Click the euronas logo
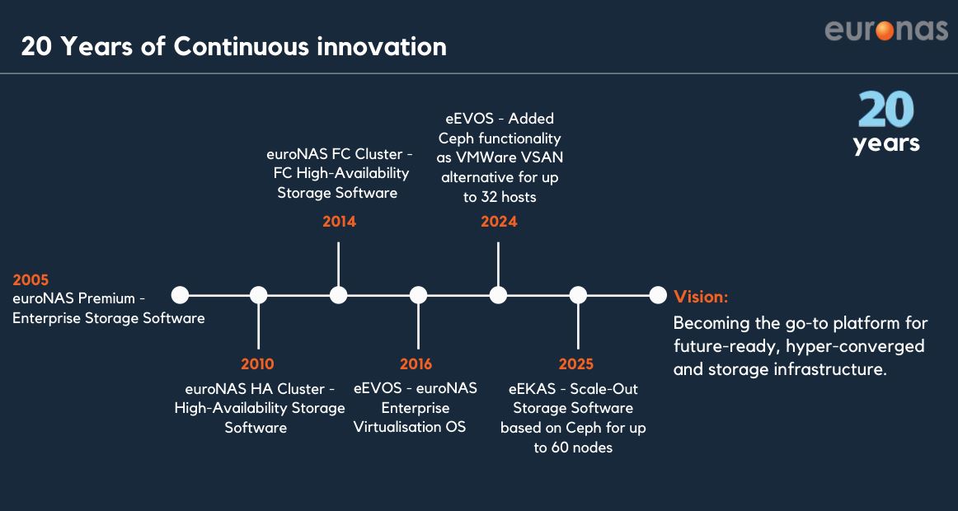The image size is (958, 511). (886, 30)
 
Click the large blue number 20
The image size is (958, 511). (885, 110)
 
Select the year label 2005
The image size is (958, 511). (31, 280)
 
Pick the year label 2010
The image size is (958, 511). (257, 364)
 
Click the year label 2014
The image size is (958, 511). (339, 222)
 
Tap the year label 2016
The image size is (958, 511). (416, 364)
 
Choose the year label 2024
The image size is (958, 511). (499, 222)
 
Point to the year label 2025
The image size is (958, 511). (576, 364)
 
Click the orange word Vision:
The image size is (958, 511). (701, 298)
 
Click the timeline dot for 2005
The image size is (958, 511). (180, 295)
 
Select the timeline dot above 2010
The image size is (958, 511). (258, 295)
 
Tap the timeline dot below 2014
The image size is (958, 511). (339, 295)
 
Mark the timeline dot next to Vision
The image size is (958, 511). (657, 295)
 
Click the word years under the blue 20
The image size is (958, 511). (886, 144)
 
